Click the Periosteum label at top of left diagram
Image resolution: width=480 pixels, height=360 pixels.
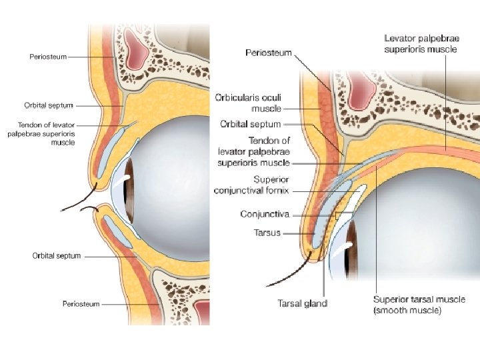(48, 57)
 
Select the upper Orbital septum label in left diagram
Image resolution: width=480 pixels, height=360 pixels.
(49, 105)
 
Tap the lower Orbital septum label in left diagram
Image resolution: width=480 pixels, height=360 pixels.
(57, 255)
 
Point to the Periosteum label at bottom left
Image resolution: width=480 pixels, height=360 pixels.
(81, 304)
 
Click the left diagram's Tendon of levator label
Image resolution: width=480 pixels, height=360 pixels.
(51, 133)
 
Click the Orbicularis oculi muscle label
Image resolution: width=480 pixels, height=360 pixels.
(248, 103)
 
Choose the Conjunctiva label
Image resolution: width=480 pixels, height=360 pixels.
(264, 214)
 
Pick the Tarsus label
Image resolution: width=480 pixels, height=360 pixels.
(267, 233)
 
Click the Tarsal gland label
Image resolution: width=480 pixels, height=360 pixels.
(302, 304)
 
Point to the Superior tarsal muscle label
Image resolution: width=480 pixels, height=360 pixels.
(419, 305)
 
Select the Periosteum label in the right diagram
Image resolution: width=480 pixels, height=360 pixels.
(268, 52)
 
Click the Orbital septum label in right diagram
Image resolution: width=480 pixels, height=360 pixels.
(251, 124)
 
